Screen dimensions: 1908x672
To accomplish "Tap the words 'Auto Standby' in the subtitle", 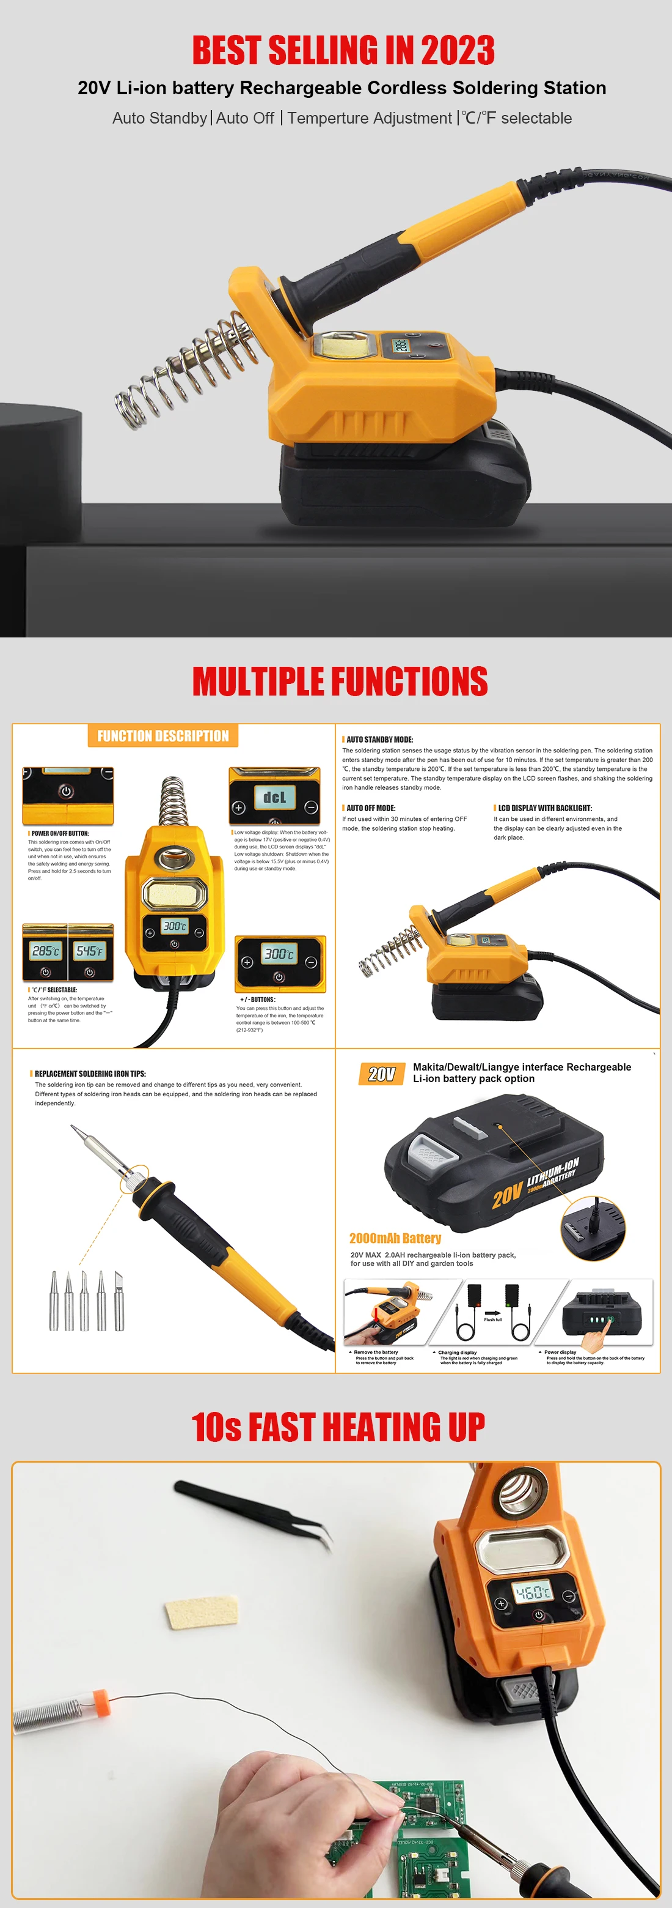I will (159, 119).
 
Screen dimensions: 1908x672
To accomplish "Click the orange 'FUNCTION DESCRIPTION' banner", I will (163, 735).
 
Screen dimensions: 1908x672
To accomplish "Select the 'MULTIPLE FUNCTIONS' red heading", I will (340, 681).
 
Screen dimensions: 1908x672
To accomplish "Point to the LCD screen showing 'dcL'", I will (274, 797).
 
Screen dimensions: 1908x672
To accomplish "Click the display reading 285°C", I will (45, 950).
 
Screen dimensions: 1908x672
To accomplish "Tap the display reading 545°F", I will (90, 950).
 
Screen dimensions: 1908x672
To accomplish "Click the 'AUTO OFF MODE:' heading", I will (371, 808).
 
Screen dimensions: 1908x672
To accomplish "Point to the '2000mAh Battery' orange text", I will (395, 1238).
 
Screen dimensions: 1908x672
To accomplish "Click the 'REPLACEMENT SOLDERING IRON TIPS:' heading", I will (90, 1073).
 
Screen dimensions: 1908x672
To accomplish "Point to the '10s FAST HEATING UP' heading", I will (338, 1427).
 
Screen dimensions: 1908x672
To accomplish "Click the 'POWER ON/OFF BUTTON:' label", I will (60, 833).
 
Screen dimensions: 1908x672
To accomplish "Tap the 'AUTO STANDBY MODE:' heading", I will (379, 739).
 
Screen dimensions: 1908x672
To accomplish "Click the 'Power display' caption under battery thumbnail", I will (560, 1352).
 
